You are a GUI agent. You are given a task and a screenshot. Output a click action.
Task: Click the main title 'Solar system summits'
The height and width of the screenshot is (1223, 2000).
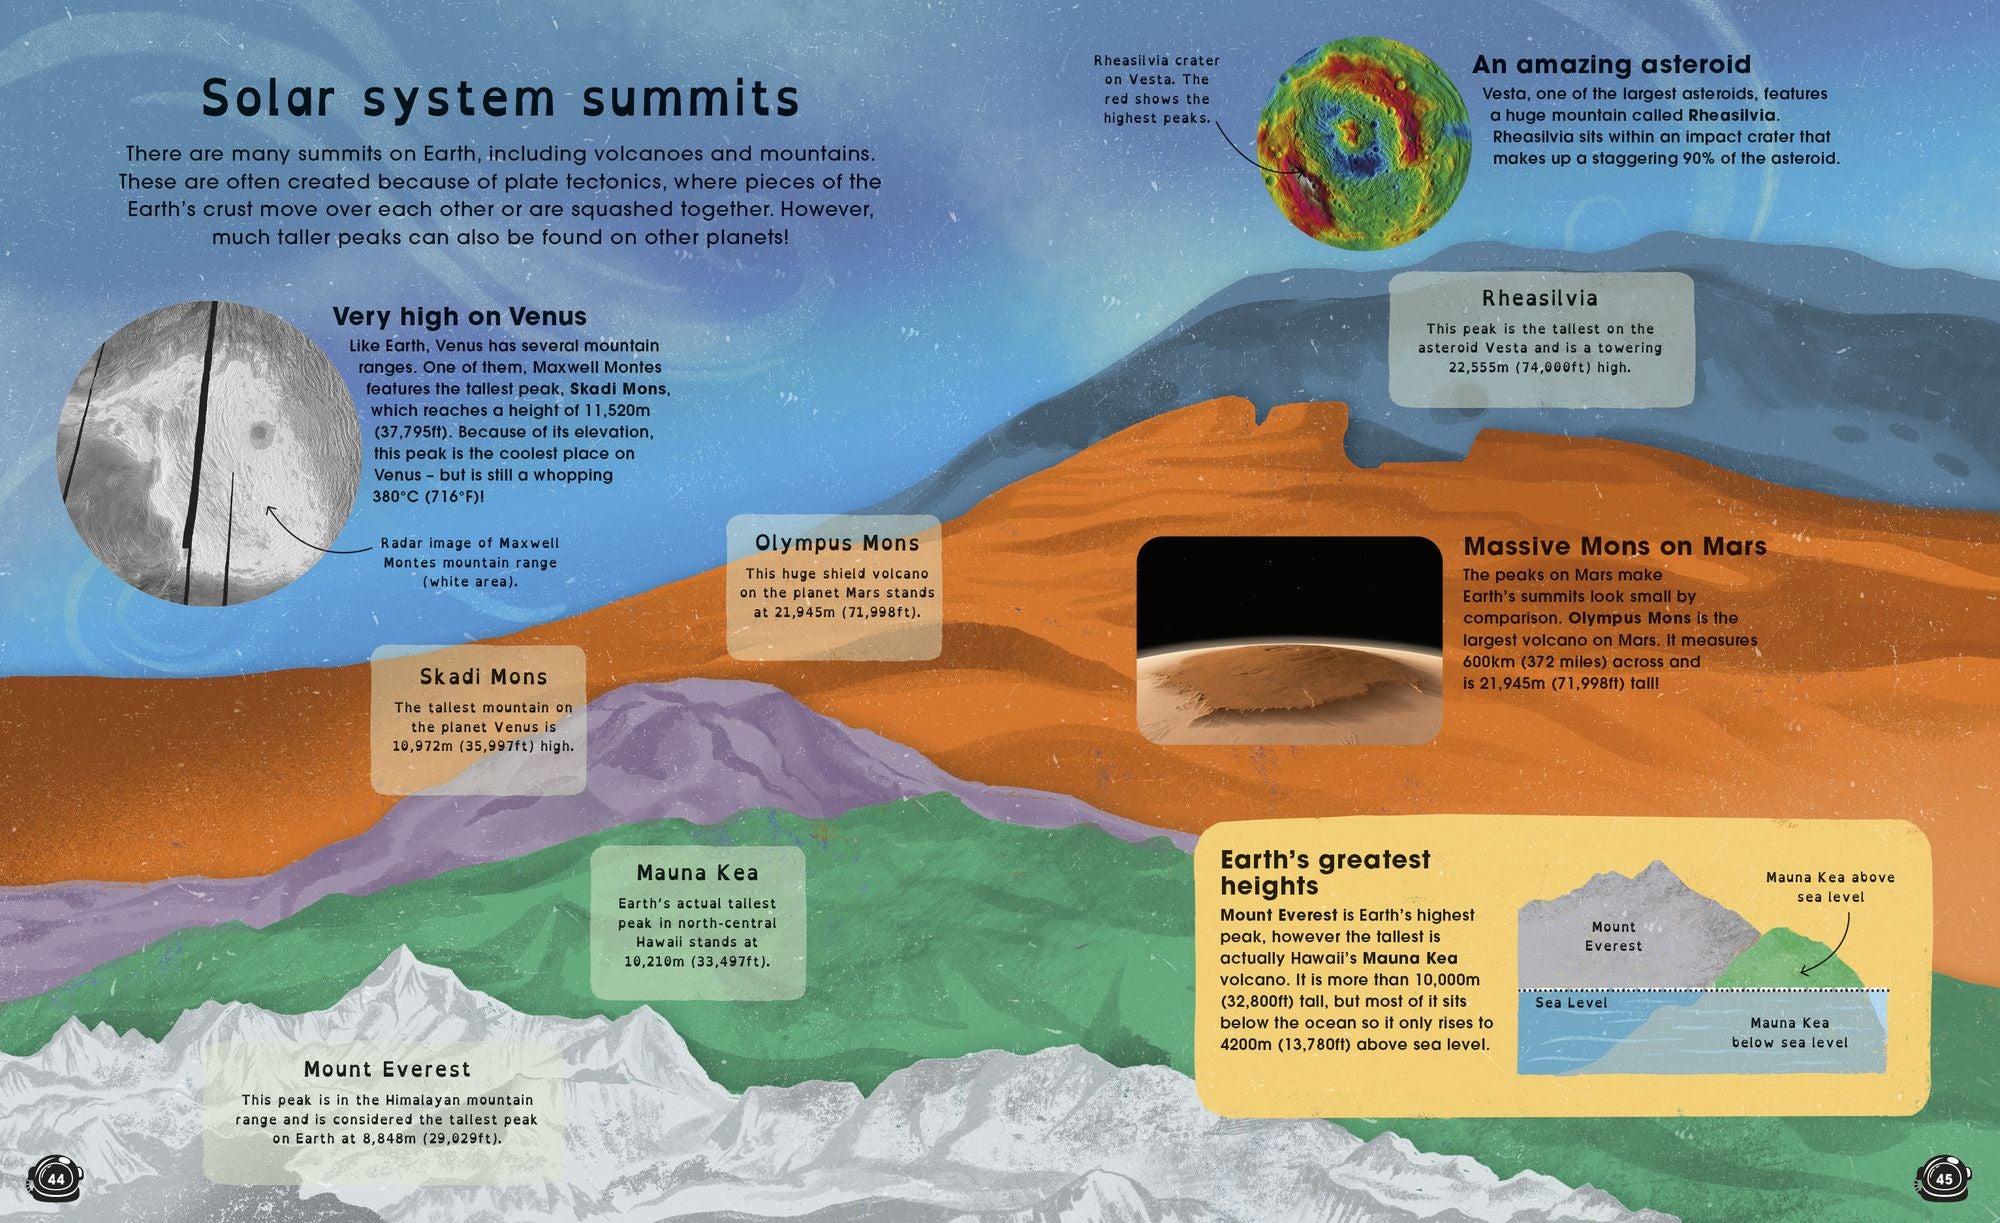[501, 98]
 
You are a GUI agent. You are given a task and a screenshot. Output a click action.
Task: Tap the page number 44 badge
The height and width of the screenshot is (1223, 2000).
[55, 1179]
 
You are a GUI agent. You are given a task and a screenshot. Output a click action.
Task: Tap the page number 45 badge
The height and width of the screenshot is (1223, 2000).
[1944, 1179]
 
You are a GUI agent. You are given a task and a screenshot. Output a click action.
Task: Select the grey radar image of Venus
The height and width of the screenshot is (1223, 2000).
[209, 453]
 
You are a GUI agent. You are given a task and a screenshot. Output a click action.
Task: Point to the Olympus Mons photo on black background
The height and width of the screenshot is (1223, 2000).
[1289, 640]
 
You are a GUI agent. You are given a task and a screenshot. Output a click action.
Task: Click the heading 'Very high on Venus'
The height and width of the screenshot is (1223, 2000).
[459, 316]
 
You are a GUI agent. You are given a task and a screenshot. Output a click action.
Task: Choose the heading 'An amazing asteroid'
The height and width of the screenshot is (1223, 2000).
[1611, 65]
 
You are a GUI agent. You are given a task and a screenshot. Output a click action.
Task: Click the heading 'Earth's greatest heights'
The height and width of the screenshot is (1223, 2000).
[1325, 872]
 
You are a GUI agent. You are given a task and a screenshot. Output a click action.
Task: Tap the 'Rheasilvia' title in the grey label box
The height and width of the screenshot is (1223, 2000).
[1540, 298]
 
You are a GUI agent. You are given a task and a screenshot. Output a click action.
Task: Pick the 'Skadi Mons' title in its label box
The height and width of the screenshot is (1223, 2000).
[483, 677]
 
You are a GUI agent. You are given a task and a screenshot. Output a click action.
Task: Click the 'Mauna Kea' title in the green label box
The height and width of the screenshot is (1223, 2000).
[697, 873]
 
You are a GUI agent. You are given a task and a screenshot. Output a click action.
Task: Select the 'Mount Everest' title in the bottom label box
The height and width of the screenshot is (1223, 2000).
[387, 1069]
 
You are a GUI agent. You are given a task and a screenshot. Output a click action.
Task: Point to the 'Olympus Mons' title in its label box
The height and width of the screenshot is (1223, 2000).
[837, 543]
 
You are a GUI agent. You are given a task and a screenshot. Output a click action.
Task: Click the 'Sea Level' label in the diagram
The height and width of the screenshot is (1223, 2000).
[1571, 1002]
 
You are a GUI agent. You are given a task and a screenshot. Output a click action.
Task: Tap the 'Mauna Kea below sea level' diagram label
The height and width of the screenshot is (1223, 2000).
[1789, 1032]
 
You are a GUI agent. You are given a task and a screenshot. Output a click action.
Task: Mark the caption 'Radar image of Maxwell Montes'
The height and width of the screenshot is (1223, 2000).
[470, 553]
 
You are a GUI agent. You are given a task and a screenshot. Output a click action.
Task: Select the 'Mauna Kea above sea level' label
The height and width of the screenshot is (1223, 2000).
[1830, 887]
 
